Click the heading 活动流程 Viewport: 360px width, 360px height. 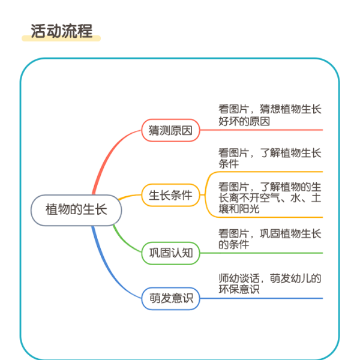[62, 31]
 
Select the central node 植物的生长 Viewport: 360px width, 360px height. [76, 210]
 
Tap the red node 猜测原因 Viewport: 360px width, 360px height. [170, 130]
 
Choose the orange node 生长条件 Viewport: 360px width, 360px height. [170, 195]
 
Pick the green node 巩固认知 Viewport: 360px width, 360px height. [170, 253]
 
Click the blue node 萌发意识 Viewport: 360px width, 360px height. [170, 298]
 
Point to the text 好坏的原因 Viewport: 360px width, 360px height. [244, 121]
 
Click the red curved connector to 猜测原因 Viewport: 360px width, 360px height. [108, 156]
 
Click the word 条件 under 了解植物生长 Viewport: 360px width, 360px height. [229, 164]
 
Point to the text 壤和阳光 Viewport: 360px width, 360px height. [239, 209]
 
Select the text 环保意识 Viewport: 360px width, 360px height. [239, 289]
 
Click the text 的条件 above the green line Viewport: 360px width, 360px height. [234, 244]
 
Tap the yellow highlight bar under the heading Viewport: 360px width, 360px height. [61, 38]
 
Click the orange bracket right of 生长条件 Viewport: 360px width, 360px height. [205, 195]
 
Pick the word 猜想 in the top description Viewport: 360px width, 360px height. [270, 109]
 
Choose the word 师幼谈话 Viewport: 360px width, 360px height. [239, 278]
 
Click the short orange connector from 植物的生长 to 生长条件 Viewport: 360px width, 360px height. [129, 196]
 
